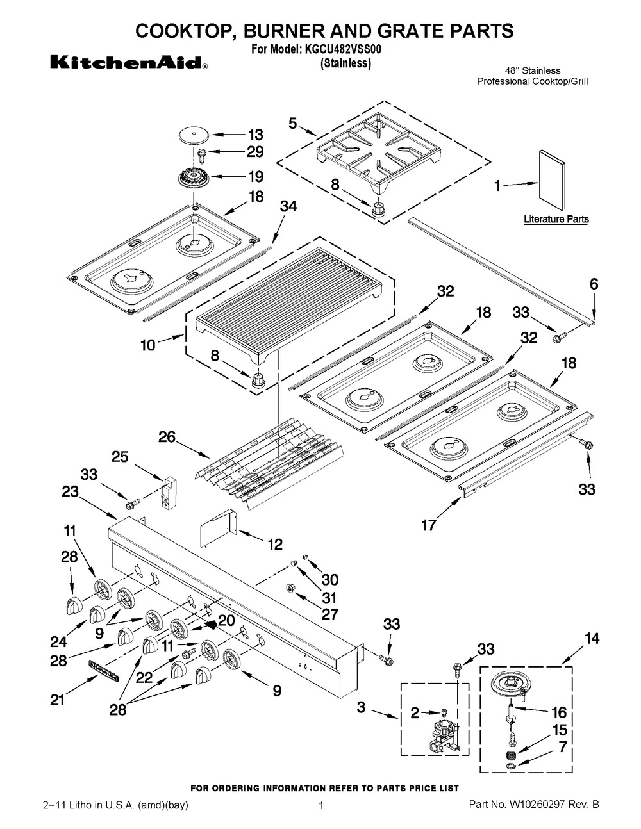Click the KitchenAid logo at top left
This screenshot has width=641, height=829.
129,62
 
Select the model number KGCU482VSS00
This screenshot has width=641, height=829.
342,50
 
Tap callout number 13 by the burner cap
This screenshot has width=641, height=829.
256,135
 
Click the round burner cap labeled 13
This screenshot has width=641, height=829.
196,136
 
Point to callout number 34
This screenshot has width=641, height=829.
289,206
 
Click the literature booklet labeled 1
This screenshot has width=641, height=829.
552,179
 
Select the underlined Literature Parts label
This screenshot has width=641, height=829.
556,219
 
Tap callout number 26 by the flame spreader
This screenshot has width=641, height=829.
167,437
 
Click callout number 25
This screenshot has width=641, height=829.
120,457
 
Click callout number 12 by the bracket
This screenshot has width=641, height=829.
275,545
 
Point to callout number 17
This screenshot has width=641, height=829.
428,525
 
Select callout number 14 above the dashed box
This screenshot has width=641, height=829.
592,638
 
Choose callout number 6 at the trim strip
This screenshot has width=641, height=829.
594,284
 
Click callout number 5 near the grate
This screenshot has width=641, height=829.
293,124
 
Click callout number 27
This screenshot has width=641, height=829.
330,614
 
